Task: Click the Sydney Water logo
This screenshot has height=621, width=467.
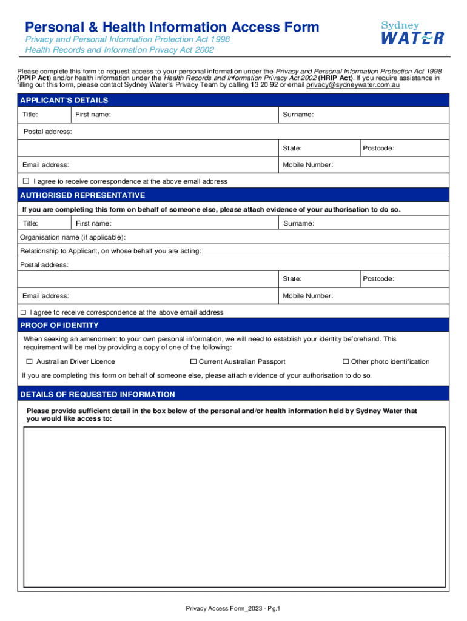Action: (412, 33)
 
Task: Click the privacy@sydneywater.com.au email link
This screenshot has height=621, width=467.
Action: (352, 86)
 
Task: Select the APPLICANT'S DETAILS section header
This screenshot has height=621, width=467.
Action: (64, 100)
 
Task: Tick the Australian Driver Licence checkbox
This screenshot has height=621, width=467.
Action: (27, 362)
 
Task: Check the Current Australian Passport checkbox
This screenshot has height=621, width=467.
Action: (193, 362)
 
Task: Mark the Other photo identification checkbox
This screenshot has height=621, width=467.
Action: (346, 362)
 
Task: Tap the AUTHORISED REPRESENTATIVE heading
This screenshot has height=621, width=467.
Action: (82, 195)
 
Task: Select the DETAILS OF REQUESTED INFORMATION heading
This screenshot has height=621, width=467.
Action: (98, 395)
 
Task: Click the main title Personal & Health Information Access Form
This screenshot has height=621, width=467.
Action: (172, 27)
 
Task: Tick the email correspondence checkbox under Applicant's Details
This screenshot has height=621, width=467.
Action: (26, 181)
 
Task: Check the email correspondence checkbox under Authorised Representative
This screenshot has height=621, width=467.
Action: (23, 312)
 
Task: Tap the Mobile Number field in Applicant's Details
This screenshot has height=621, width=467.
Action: (388, 165)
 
